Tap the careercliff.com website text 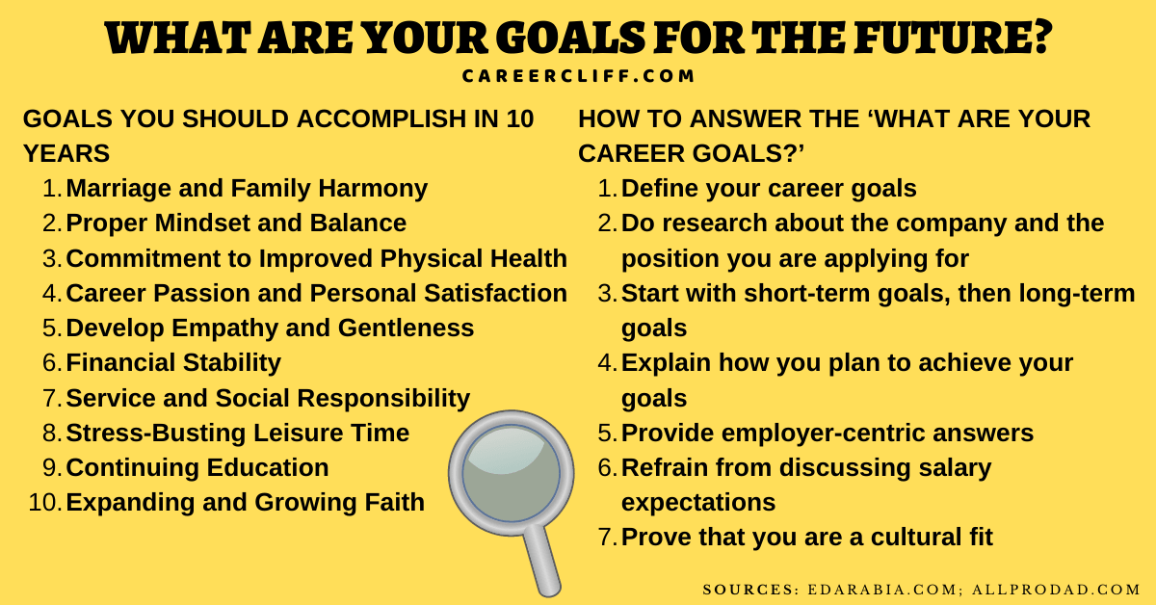[x=578, y=76]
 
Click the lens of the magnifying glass [x=511, y=472]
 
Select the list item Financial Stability [x=173, y=362]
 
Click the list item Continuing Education [x=197, y=467]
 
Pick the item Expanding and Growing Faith [x=245, y=502]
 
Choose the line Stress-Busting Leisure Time [x=237, y=433]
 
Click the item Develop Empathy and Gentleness [x=270, y=329]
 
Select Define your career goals [x=769, y=189]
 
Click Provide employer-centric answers [x=828, y=434]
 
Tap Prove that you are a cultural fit [x=807, y=537]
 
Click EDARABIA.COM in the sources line [x=882, y=590]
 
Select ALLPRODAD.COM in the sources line [x=1056, y=590]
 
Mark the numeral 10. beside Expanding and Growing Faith [x=45, y=502]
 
